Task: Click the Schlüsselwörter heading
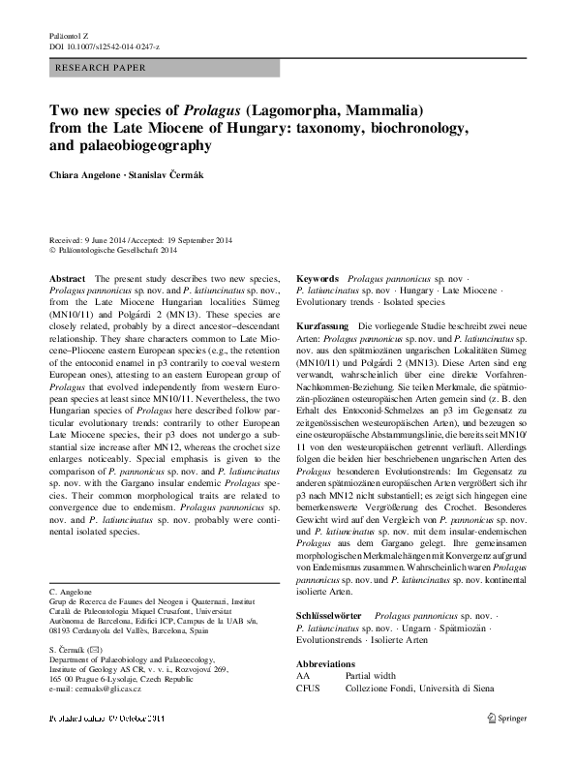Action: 330,616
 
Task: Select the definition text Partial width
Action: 374,675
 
